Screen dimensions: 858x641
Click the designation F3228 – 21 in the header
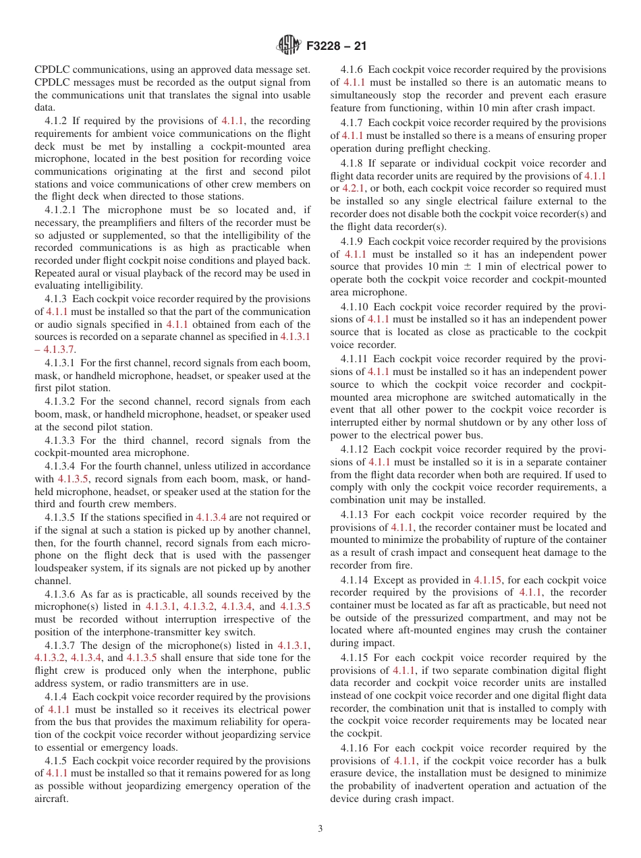(x=336, y=47)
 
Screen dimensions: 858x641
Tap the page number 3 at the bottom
(x=320, y=829)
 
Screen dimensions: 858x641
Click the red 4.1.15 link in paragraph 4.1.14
(x=488, y=579)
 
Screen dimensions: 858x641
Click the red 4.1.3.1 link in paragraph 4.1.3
(x=295, y=337)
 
